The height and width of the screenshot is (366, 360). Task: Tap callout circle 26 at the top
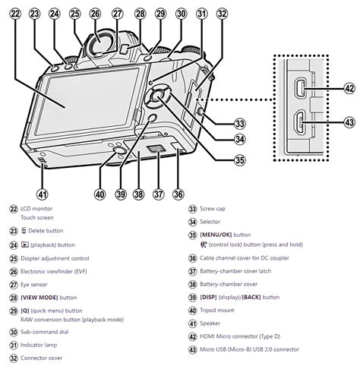pos(96,14)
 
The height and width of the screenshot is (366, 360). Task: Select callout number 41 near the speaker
pos(42,194)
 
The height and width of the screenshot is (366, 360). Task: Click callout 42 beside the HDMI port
pos(349,89)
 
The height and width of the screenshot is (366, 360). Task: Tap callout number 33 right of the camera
pos(239,123)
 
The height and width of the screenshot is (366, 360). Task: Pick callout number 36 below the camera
pos(178,194)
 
